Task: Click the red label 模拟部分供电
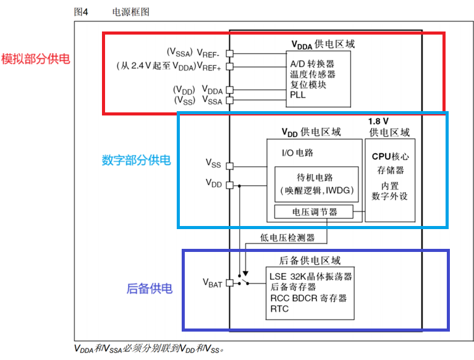click(36, 59)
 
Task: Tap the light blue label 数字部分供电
click(136, 161)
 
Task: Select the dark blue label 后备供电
click(150, 288)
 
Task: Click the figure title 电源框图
click(130, 12)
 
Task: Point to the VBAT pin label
click(212, 283)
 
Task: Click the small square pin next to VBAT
click(229, 283)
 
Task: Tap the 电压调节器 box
click(315, 212)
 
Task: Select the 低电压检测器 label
click(287, 238)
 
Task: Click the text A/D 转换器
click(313, 64)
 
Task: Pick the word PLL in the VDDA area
click(298, 95)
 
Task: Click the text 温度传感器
click(313, 74)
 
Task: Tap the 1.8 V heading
click(378, 122)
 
